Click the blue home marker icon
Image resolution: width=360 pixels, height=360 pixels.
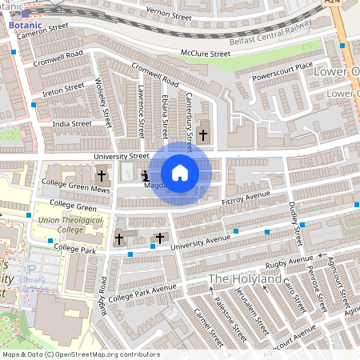point(180,173)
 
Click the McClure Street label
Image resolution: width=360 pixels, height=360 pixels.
point(206,54)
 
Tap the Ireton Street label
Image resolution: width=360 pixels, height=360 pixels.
point(62,87)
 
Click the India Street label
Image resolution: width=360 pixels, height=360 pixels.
point(72,124)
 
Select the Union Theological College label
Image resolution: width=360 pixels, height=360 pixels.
point(61,225)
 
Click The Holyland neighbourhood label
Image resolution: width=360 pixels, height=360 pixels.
point(245,278)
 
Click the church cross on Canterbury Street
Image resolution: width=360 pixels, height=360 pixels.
point(202,135)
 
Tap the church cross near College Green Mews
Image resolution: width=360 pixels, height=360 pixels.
point(102,175)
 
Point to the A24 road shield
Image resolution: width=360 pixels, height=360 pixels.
point(333,3)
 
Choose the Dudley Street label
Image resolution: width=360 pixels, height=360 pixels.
point(294,225)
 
